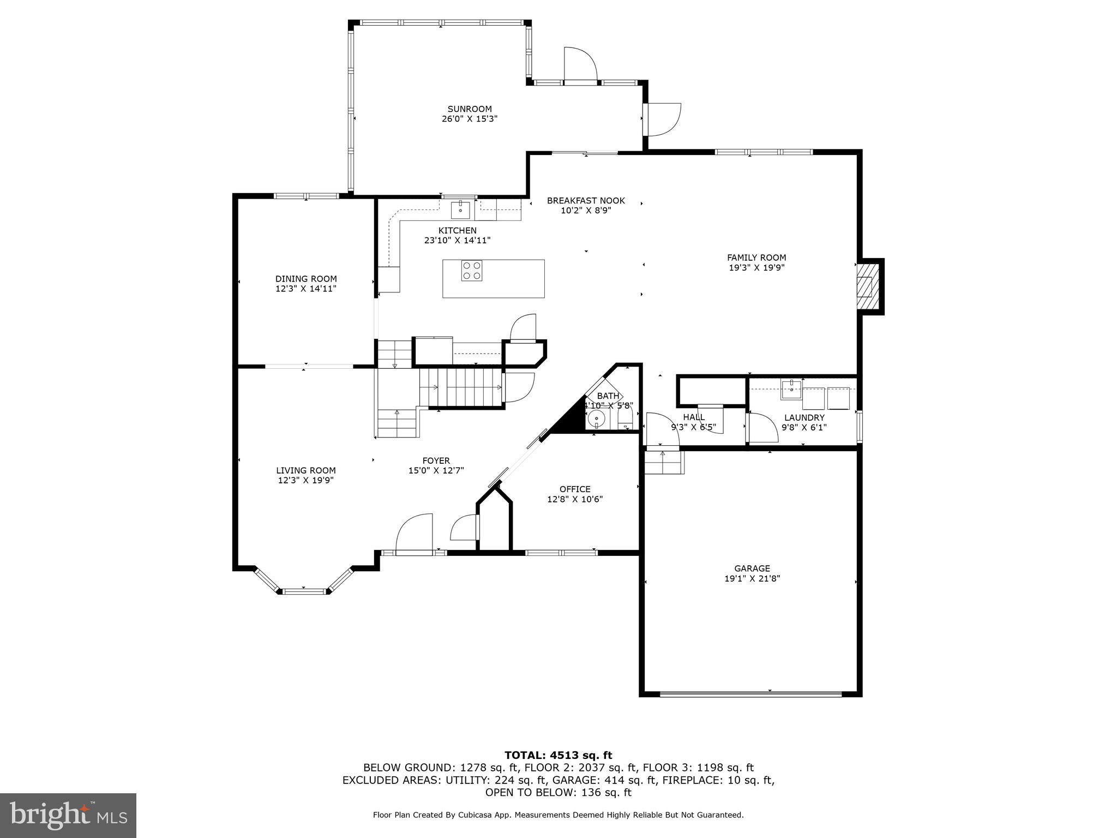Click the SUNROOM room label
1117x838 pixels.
pyautogui.click(x=470, y=109)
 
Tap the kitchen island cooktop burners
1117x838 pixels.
pyautogui.click(x=472, y=271)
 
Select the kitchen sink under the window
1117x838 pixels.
pyautogui.click(x=461, y=209)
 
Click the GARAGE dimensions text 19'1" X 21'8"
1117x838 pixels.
pyautogui.click(x=752, y=578)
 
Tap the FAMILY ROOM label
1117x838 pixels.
pyautogui.click(x=756, y=258)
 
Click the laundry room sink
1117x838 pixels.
pyautogui.click(x=791, y=389)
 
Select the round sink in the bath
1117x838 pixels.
pyautogui.click(x=597, y=419)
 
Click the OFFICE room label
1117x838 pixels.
pyautogui.click(x=575, y=489)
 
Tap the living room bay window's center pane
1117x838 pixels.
pyautogui.click(x=304, y=590)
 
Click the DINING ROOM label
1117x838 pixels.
pyautogui.click(x=306, y=279)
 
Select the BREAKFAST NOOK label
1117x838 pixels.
pyautogui.click(x=586, y=201)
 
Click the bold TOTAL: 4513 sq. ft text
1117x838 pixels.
pyautogui.click(x=558, y=755)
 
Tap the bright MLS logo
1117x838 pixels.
pyautogui.click(x=68, y=815)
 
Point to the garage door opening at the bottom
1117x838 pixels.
pyautogui.click(x=750, y=694)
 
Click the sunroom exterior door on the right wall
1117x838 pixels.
pyautogui.click(x=663, y=119)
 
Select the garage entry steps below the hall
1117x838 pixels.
pyautogui.click(x=663, y=463)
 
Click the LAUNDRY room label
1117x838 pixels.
pyautogui.click(x=804, y=418)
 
